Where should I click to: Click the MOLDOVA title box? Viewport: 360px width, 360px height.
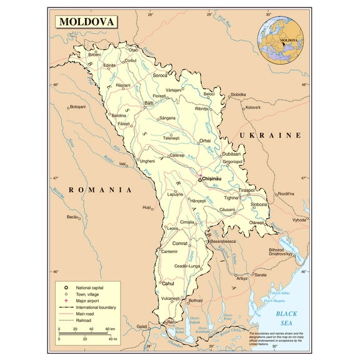pos(87,22)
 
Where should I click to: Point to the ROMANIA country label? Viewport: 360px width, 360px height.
pos(100,189)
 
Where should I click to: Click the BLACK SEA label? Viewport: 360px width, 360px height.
pos(287,318)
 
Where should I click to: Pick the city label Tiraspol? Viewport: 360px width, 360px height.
pos(247,190)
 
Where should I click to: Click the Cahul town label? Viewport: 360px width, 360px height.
pos(168,282)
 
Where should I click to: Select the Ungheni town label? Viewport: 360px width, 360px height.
pos(147,161)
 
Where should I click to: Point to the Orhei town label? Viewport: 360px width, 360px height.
pos(205,141)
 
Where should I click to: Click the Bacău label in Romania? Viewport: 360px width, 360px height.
pos(74,217)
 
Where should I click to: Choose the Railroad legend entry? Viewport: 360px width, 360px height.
pos(84,320)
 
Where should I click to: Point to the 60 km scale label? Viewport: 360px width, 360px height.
pos(109,329)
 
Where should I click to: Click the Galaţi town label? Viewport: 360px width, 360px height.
pos(143,327)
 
